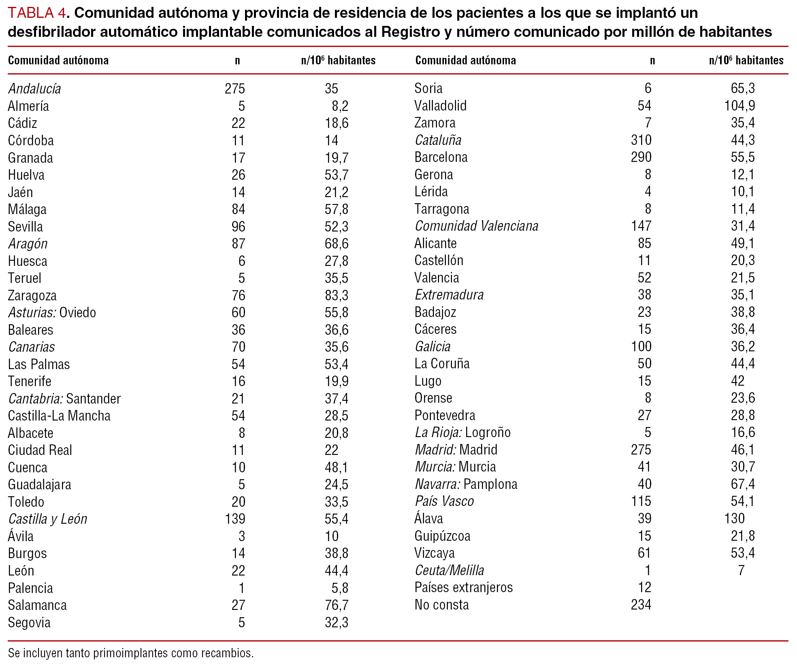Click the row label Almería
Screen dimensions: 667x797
28,106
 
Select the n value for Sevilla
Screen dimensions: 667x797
238,227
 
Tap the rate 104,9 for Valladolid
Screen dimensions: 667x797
739,106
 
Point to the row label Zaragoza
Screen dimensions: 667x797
32,295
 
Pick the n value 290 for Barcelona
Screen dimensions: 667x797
641,157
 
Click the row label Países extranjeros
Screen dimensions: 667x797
463,587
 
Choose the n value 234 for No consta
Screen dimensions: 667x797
641,605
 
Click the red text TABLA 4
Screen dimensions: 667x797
36,13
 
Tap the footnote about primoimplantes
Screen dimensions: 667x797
131,653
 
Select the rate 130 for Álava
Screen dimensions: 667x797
734,518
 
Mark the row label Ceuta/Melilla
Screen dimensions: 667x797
449,570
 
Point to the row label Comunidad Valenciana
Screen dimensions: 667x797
476,226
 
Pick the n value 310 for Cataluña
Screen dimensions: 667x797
641,140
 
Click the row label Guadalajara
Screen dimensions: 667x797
39,484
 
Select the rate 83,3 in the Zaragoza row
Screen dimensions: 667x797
336,295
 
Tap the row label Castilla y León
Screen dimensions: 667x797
47,519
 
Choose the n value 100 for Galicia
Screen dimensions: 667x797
641,346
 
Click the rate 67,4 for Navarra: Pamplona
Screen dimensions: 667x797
742,484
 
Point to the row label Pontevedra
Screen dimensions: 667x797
444,415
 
